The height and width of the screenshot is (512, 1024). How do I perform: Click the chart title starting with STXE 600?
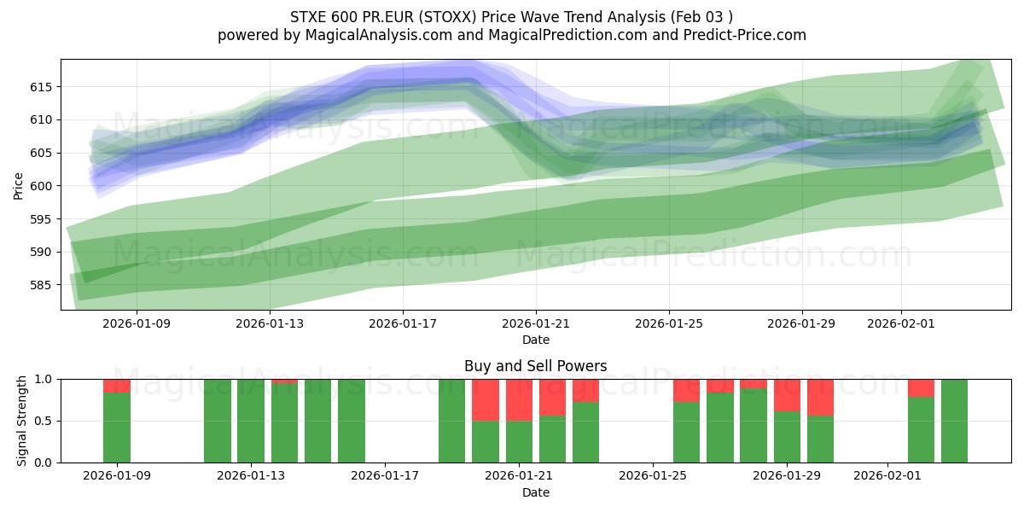click(511, 16)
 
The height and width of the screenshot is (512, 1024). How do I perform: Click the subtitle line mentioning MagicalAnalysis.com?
click(511, 35)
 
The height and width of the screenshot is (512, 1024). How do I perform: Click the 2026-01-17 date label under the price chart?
click(403, 323)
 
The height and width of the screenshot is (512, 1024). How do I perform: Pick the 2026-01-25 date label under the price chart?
click(668, 323)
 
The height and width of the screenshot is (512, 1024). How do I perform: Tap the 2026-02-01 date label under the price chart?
click(901, 323)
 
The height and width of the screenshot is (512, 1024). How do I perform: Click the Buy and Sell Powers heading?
click(535, 366)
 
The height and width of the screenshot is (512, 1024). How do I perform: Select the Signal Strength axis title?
click(23, 421)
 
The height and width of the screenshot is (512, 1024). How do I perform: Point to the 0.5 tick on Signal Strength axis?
click(43, 421)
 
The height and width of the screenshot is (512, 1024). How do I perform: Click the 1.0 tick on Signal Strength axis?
click(43, 379)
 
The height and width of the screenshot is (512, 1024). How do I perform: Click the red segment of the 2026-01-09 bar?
click(117, 386)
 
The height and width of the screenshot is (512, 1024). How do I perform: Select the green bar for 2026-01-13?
click(251, 421)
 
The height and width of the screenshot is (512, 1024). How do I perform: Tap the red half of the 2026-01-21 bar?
click(519, 399)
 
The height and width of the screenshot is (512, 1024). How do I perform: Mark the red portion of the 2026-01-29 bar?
click(787, 395)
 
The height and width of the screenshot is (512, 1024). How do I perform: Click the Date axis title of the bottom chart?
click(535, 492)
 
